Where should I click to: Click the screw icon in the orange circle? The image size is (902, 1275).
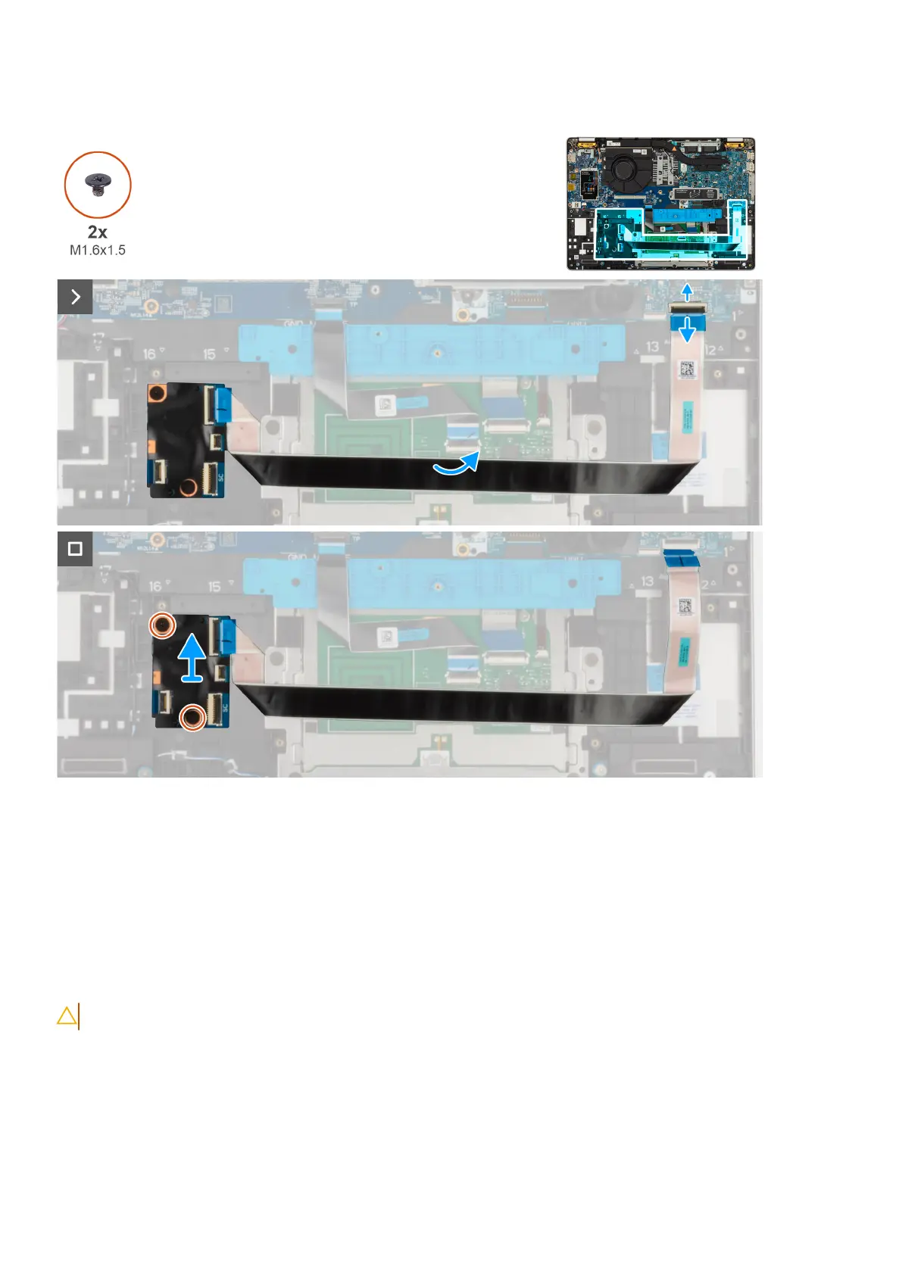point(97,184)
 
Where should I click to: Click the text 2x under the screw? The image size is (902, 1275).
point(97,232)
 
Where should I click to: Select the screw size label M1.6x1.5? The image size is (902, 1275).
point(97,250)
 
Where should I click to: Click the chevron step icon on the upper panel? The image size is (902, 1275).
point(75,297)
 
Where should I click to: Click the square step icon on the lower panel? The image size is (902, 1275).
point(75,548)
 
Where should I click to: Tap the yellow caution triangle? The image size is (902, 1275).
point(67,1016)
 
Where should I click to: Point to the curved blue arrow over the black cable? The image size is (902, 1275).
point(457,463)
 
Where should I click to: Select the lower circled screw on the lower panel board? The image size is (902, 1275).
point(193,716)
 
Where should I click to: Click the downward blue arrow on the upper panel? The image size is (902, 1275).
point(687,329)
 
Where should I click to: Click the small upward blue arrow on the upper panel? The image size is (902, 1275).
point(687,291)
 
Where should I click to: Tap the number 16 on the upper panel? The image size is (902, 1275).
point(149,353)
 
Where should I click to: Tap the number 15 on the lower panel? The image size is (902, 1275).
point(214,587)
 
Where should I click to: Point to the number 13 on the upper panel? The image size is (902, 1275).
point(652,346)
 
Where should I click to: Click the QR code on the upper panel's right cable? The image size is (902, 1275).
point(686,370)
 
